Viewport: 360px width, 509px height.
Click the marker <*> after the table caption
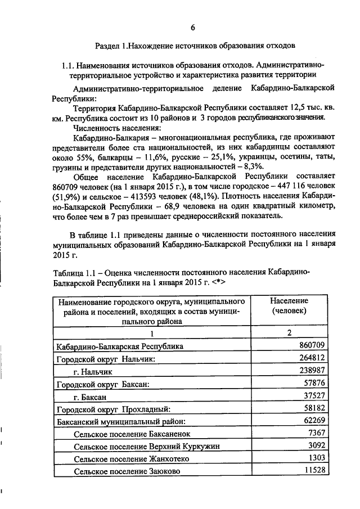(218, 281)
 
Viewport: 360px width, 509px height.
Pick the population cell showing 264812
(312, 358)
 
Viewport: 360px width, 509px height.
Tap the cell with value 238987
(312, 371)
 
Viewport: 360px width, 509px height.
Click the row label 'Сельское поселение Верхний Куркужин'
(146, 447)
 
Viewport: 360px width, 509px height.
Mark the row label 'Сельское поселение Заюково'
(127, 472)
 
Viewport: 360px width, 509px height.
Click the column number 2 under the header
(289, 333)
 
